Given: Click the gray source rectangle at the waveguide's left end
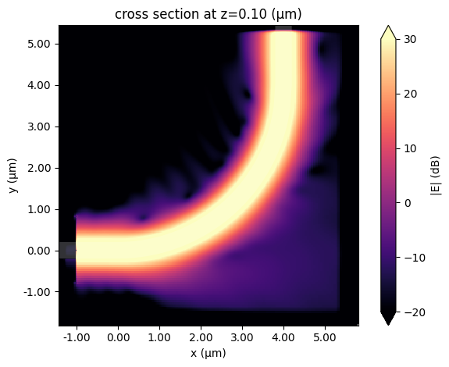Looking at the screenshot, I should (67, 251).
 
